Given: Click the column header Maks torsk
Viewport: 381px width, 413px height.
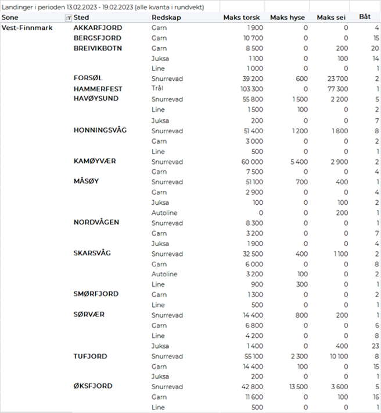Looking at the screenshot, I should click(x=242, y=17).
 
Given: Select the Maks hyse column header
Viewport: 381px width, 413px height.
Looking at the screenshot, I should click(x=289, y=17).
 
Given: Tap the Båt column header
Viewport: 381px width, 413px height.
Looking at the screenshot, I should click(x=365, y=17).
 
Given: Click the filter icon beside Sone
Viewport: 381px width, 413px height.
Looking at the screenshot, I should click(x=69, y=18).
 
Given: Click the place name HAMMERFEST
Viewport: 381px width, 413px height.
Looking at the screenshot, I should click(x=98, y=89).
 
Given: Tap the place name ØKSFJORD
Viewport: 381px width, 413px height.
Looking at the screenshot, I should click(x=93, y=386).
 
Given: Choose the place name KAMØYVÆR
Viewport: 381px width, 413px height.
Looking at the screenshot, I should click(x=95, y=161).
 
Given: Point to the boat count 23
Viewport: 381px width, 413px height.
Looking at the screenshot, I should click(x=375, y=346).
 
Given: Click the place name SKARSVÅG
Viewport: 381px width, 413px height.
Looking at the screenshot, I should click(x=92, y=254).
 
